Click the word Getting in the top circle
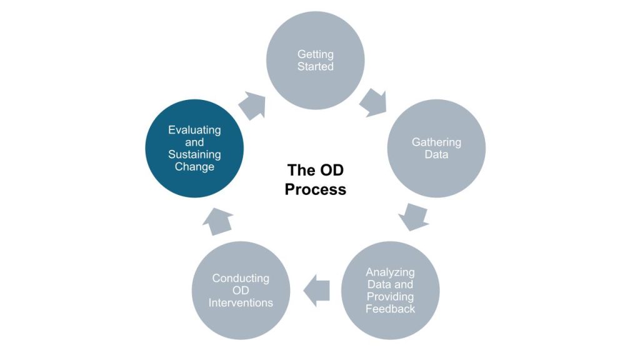coord(316,55)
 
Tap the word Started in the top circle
coord(316,66)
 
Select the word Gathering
coord(436,142)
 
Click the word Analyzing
coord(390,272)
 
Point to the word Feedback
coord(390,309)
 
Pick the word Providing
coord(390,296)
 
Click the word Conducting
coord(241,278)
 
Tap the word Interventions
coord(241,302)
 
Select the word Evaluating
coord(194,130)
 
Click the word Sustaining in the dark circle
coord(194,154)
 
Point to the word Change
coord(194,167)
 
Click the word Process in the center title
coord(315,189)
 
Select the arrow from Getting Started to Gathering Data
coord(373,101)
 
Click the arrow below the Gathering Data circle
coord(413,216)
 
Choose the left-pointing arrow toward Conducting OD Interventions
coord(317,290)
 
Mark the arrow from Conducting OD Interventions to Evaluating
coord(218,221)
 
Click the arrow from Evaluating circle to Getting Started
coord(252,105)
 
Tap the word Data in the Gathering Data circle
coord(436,154)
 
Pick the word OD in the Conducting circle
coord(241,291)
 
